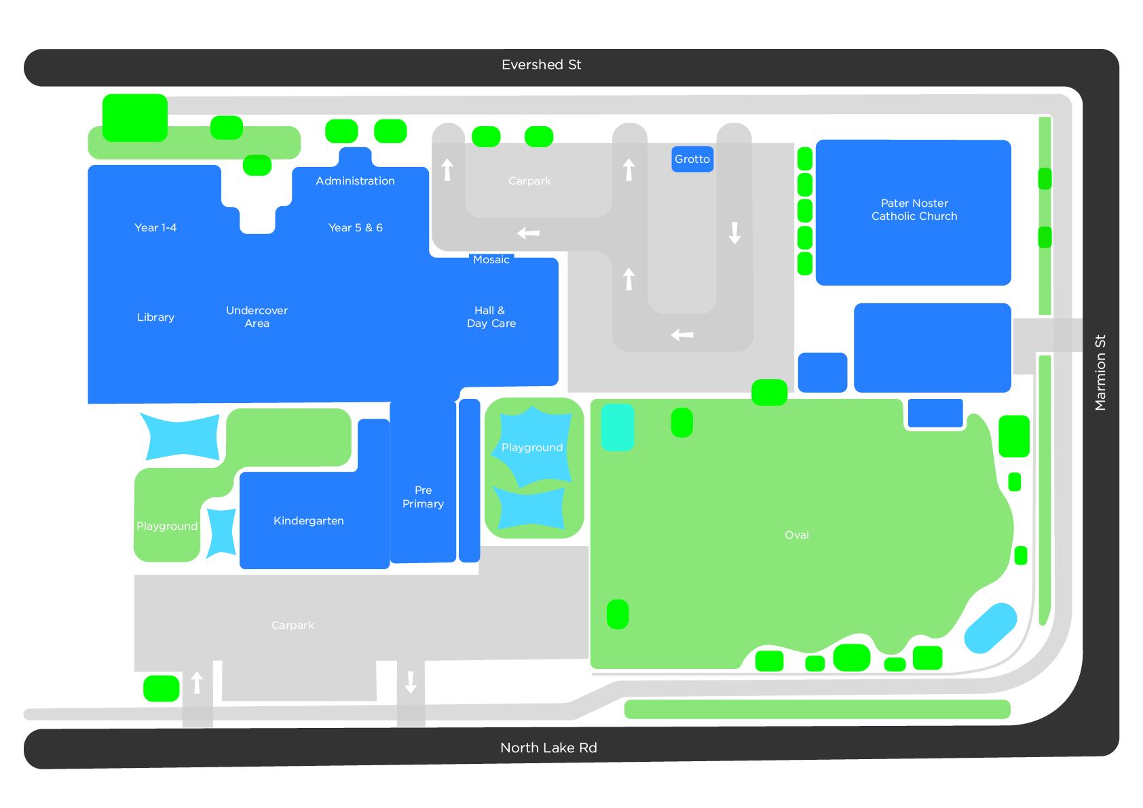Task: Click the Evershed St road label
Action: point(541,65)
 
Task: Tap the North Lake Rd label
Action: point(548,748)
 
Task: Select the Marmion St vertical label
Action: point(1100,372)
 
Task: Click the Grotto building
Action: point(692,159)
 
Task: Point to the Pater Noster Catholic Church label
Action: point(914,210)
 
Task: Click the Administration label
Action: point(355,181)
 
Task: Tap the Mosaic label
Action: point(491,260)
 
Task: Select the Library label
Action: point(155,318)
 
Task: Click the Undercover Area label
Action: point(257,317)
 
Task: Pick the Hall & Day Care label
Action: point(491,317)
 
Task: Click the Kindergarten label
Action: point(309,521)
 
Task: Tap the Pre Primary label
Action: point(423,497)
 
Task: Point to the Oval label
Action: point(797,535)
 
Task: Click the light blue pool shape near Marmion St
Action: point(990,628)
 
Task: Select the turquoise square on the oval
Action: point(618,427)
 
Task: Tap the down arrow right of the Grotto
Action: point(734,233)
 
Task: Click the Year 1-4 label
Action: point(155,228)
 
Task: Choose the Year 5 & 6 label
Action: point(356,228)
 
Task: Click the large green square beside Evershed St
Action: point(135,118)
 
